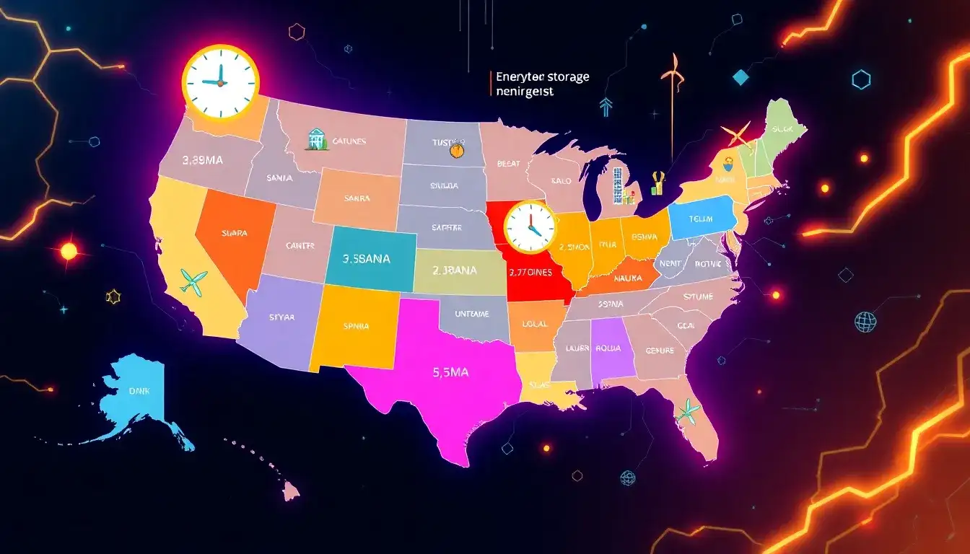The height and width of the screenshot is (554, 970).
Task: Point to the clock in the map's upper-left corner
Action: pyautogui.click(x=220, y=82)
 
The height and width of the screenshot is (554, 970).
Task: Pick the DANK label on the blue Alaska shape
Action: pyautogui.click(x=138, y=390)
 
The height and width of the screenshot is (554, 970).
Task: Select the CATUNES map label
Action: pyautogui.click(x=350, y=141)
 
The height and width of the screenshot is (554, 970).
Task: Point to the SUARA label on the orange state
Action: pyautogui.click(x=235, y=233)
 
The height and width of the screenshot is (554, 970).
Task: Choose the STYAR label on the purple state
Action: pyautogui.click(x=281, y=316)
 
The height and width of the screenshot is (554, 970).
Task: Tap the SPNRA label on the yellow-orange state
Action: pyautogui.click(x=355, y=326)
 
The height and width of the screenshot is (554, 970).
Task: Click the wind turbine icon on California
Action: pyautogui.click(x=194, y=282)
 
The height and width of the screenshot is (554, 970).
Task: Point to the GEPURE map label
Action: pyautogui.click(x=659, y=351)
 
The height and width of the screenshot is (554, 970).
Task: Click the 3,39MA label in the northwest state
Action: pyautogui.click(x=203, y=161)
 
